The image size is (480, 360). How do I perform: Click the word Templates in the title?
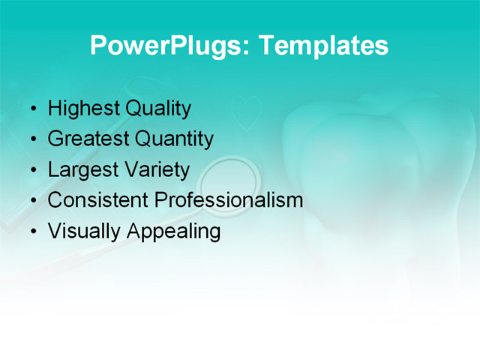[323, 46]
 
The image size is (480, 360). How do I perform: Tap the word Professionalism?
[229, 200]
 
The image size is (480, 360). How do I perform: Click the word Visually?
[84, 231]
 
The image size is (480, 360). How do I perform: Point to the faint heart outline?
[246, 114]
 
